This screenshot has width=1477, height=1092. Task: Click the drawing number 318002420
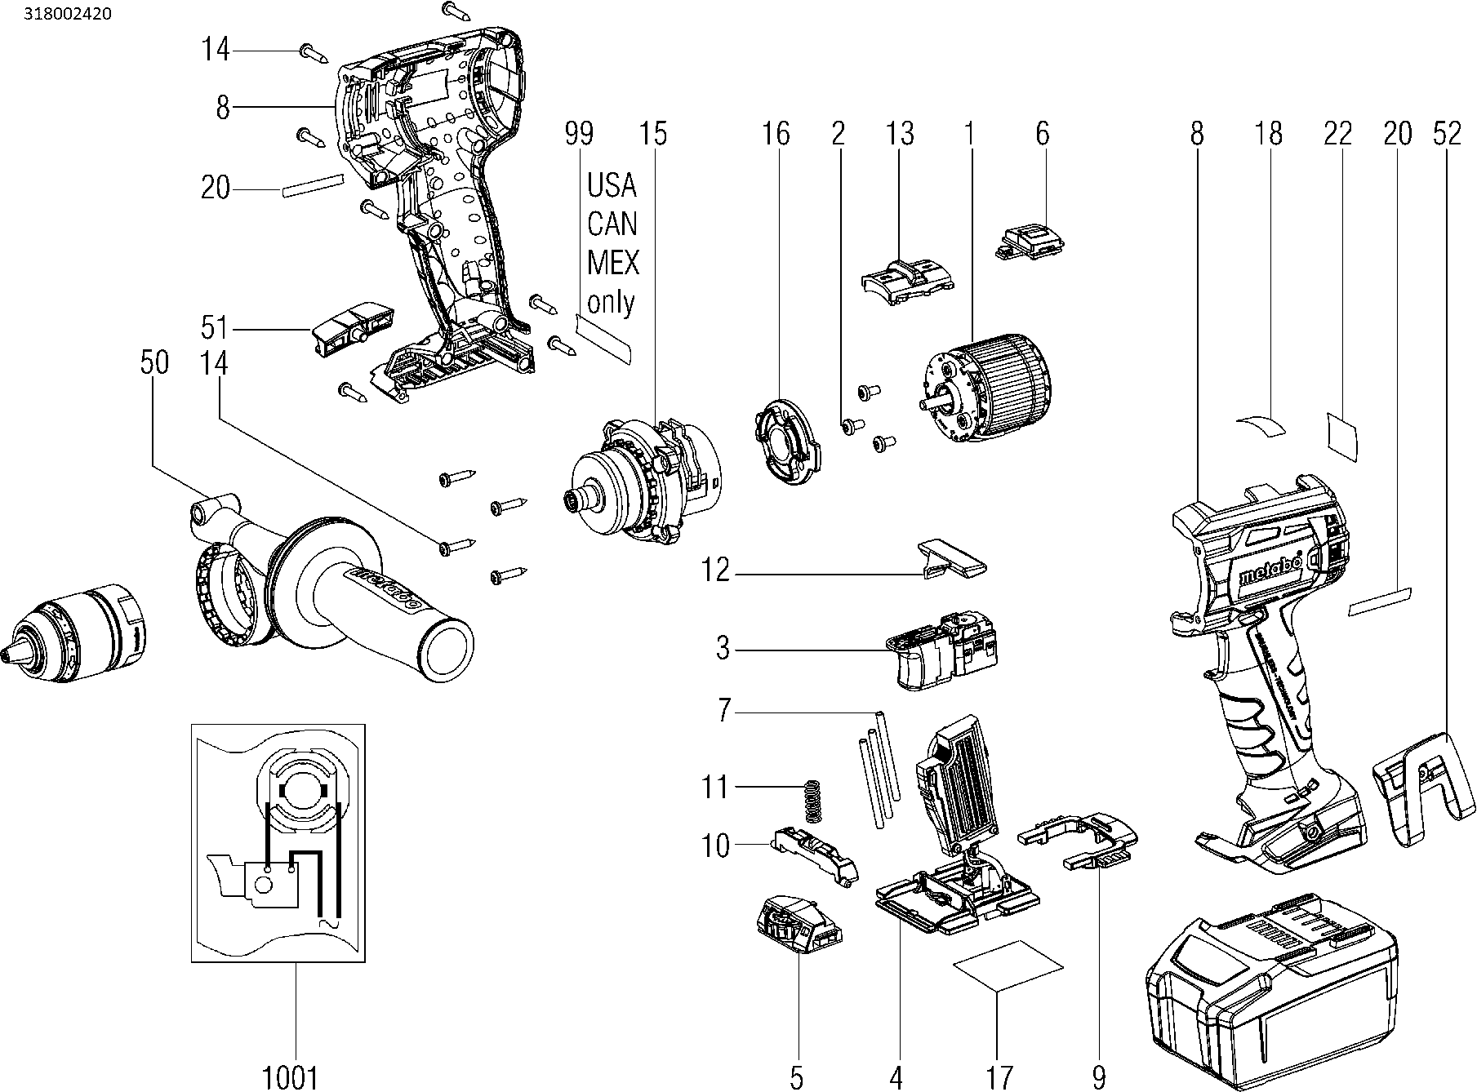tap(58, 14)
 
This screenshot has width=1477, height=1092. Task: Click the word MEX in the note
tap(612, 264)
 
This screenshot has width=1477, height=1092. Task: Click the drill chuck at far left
tap(77, 633)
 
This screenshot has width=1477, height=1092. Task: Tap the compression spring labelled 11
tap(811, 801)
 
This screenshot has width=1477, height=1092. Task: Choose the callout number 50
tap(153, 362)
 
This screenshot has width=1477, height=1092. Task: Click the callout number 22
tap(1338, 134)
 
